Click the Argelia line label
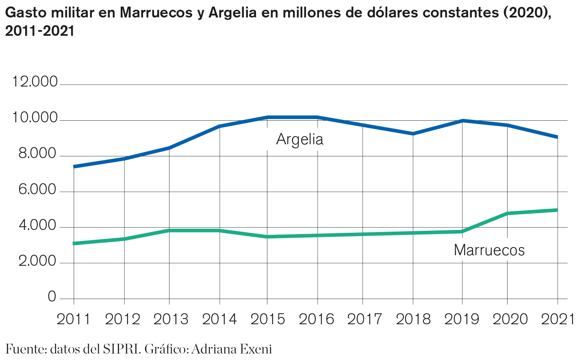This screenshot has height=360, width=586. click(x=300, y=139)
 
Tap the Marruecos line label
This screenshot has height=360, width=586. click(x=489, y=250)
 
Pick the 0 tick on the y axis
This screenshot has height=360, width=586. click(x=52, y=297)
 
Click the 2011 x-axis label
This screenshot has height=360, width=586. click(x=74, y=319)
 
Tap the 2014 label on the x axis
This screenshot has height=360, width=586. click(x=219, y=319)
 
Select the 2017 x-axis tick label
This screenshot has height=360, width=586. click(x=365, y=319)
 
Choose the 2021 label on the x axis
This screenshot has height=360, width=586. click(x=558, y=319)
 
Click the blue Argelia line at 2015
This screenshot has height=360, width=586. click(x=267, y=117)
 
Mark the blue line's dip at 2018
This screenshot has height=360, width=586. click(x=413, y=134)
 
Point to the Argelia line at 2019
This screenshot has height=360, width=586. click(x=462, y=121)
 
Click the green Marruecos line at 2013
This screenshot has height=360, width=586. click(x=169, y=230)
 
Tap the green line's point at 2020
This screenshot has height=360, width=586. click(x=507, y=213)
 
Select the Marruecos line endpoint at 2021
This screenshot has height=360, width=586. click(x=557, y=210)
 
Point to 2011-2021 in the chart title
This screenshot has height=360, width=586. click(x=40, y=31)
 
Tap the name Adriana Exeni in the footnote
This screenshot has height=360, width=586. click(x=231, y=349)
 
